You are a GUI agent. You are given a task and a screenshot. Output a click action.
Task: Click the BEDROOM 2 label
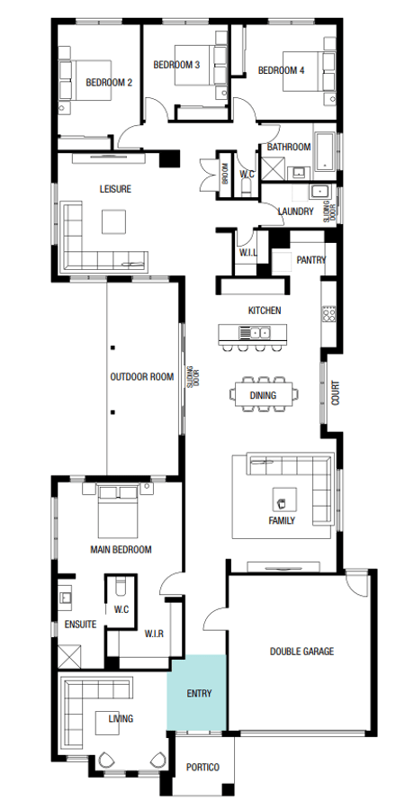(x=109, y=82)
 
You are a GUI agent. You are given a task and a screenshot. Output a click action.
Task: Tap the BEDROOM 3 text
(x=176, y=65)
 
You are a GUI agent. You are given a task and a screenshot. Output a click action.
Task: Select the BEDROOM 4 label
(x=281, y=71)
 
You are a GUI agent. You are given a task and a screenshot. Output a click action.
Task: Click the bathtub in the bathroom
(x=326, y=151)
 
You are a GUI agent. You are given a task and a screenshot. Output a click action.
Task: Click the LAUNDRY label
(x=295, y=211)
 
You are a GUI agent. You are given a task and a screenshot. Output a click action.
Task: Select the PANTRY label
(x=311, y=260)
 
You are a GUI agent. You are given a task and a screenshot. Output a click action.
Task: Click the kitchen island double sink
(x=254, y=332)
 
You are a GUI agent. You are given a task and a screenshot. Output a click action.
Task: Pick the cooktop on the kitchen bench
(x=329, y=314)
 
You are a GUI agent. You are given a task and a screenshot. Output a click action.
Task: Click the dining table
(x=264, y=395)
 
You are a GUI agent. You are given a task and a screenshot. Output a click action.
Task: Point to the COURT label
(x=336, y=392)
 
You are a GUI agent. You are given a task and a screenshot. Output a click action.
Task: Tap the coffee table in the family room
(x=284, y=499)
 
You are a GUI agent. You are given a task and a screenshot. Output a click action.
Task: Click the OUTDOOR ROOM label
(x=142, y=376)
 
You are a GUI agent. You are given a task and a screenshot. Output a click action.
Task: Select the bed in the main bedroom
(x=119, y=511)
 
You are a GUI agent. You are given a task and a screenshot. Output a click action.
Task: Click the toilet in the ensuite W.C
(x=121, y=587)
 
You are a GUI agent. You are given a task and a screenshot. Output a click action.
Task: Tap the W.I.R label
(x=154, y=634)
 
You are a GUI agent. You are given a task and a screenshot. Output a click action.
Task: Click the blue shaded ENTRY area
(x=196, y=693)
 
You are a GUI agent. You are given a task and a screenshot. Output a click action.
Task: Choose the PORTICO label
(x=202, y=767)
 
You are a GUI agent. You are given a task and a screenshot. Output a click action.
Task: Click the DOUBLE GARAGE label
(x=301, y=652)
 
